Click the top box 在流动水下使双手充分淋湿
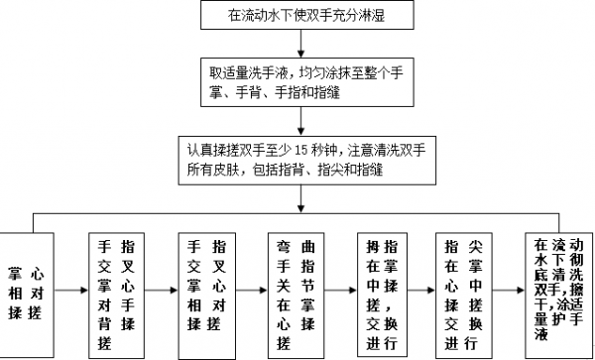[298, 14]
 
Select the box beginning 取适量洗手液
[298, 82]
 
